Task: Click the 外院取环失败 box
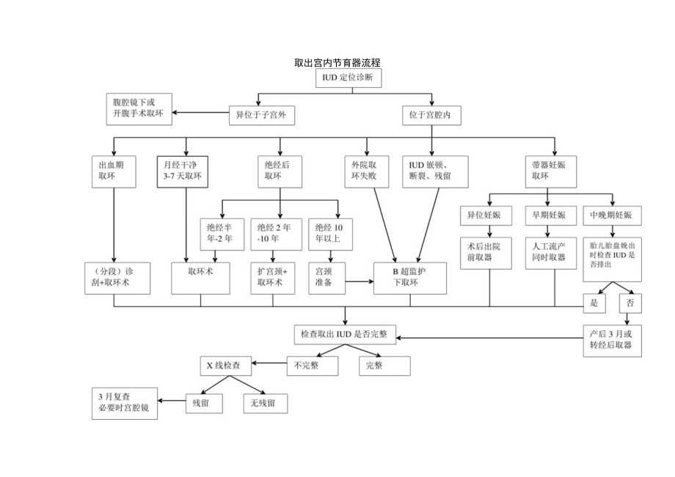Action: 368,171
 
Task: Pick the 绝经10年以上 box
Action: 329,232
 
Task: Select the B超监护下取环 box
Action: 409,277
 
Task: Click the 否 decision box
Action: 630,303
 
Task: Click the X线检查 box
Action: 227,363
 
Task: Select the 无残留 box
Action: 265,402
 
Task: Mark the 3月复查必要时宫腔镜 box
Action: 123,403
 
